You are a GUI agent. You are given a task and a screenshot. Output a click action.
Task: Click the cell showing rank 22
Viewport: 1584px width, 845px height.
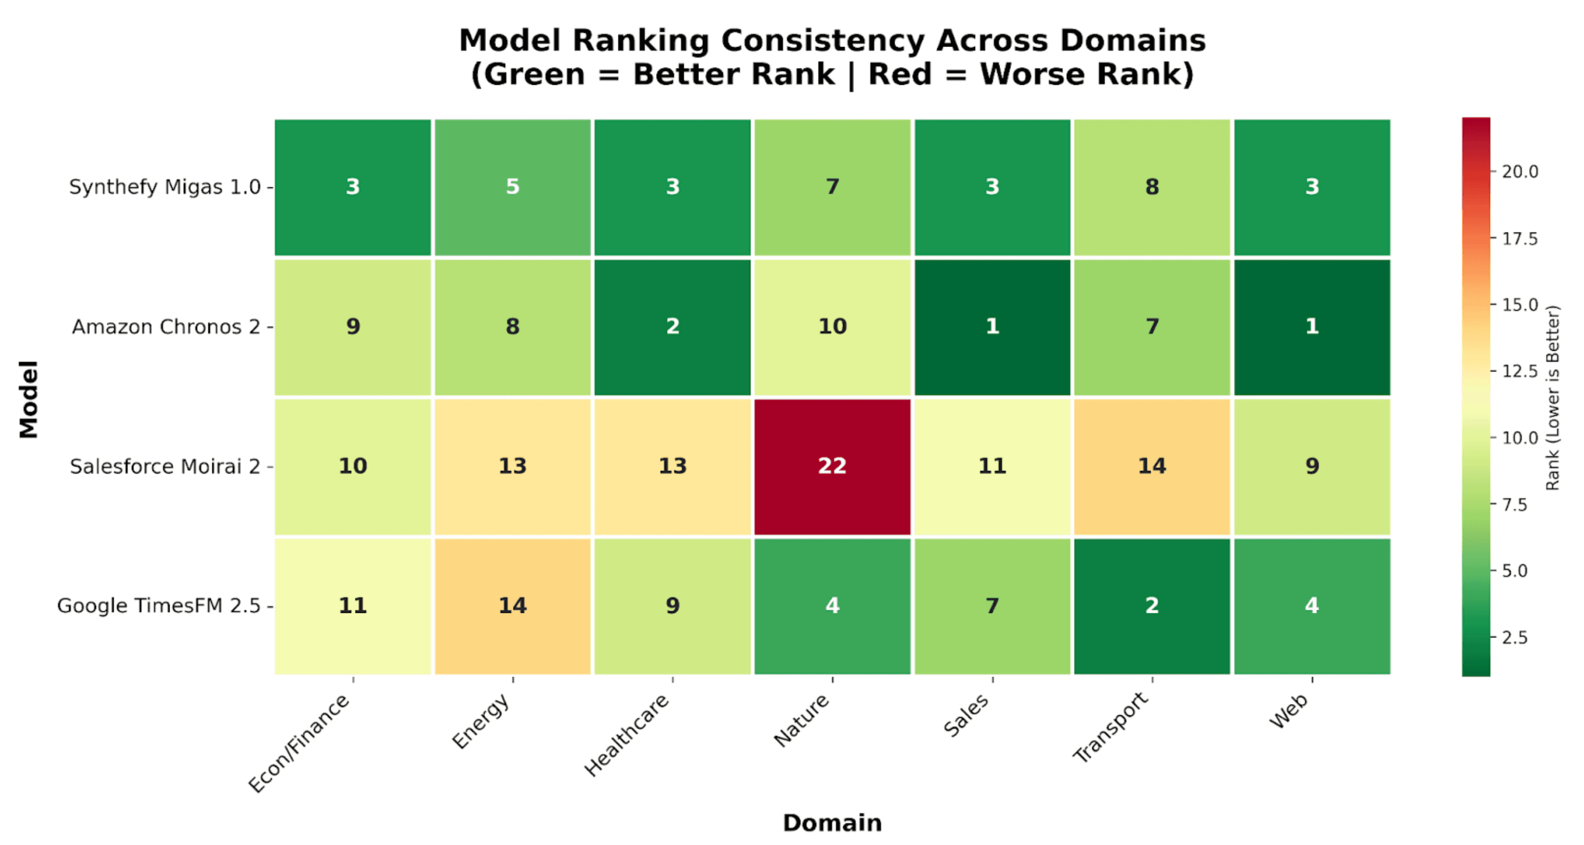(x=832, y=466)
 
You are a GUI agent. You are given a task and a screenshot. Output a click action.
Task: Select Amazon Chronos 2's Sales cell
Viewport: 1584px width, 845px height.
(x=992, y=327)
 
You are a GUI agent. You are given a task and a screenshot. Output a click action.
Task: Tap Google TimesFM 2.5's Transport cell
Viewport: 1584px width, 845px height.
(x=1152, y=606)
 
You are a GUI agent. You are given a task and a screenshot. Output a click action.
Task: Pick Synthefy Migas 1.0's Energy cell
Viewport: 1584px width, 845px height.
(x=512, y=187)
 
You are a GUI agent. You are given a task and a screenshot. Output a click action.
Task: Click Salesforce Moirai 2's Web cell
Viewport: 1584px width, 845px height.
(x=1311, y=466)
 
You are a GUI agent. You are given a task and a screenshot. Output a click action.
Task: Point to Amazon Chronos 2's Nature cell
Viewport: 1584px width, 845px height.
(x=832, y=327)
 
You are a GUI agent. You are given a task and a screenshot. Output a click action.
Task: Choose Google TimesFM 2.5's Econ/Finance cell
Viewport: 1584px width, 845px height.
(x=353, y=606)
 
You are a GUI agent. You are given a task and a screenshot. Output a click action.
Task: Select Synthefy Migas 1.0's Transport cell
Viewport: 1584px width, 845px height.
(x=1152, y=187)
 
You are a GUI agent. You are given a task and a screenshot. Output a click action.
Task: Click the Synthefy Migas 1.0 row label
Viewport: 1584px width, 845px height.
(x=164, y=187)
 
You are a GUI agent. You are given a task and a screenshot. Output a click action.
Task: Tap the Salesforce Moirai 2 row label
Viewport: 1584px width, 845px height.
(x=164, y=466)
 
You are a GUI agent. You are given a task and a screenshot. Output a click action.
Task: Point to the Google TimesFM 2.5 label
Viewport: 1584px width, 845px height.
(x=158, y=606)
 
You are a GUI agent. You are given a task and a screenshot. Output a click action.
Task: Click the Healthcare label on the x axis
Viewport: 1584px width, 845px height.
(x=627, y=734)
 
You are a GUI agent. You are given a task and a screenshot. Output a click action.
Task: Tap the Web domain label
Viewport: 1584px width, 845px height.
(x=1289, y=712)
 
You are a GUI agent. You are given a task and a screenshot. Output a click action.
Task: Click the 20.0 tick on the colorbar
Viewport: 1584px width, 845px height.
(x=1520, y=172)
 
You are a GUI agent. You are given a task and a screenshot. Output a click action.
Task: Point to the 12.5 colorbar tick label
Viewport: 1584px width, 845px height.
(x=1520, y=371)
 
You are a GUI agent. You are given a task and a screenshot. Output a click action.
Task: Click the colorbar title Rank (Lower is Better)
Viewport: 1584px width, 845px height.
(x=1552, y=397)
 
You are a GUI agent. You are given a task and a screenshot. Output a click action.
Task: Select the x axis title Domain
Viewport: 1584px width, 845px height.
(x=832, y=823)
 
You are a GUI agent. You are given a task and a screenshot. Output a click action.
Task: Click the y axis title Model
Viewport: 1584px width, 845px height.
(x=28, y=399)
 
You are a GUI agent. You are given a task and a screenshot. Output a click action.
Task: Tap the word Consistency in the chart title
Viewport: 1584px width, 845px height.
(x=823, y=41)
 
